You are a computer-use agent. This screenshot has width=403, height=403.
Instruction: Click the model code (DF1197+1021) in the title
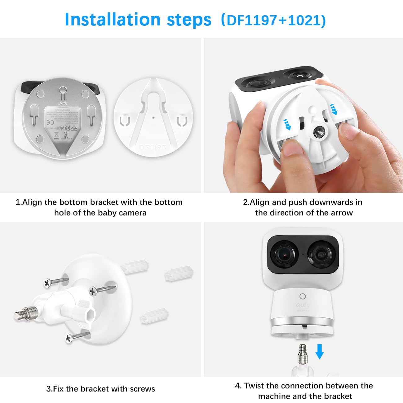(x=273, y=20)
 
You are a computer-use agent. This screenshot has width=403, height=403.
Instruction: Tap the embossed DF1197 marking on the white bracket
(x=153, y=147)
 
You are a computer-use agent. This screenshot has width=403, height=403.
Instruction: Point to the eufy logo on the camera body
(x=302, y=305)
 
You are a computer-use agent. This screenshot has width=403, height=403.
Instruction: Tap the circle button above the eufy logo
(x=303, y=296)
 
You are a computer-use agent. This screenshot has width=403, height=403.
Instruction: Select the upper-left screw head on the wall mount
(x=47, y=283)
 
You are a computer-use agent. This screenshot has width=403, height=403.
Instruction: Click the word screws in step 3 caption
(x=143, y=389)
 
